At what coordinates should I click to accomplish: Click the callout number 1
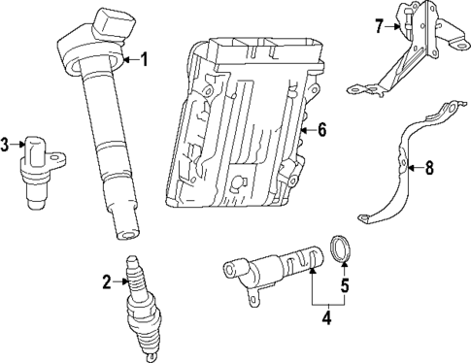145,60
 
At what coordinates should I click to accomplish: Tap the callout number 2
107,282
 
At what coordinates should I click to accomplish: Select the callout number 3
6,146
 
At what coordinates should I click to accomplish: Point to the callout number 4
328,316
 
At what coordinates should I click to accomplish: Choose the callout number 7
380,26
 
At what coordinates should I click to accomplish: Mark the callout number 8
429,167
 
